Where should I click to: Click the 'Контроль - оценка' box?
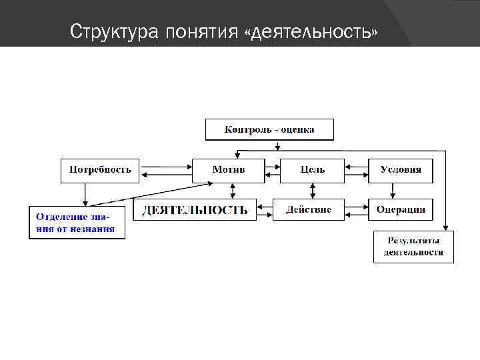point(269,129)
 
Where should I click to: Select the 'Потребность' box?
point(100,170)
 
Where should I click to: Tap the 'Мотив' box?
point(229,170)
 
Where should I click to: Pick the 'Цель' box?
point(312,170)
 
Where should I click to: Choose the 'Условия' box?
point(401,170)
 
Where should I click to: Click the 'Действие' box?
point(309,210)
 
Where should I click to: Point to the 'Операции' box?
point(401,210)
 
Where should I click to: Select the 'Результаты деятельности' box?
point(413,247)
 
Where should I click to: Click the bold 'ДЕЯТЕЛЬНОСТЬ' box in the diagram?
point(195,210)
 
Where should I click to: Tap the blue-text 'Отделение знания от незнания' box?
point(76,223)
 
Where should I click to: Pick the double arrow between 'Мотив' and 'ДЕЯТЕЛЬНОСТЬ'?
point(233,191)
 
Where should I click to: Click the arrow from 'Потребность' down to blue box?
point(85,194)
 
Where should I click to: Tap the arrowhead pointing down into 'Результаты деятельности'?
point(445,227)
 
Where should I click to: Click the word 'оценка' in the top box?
point(297,129)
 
